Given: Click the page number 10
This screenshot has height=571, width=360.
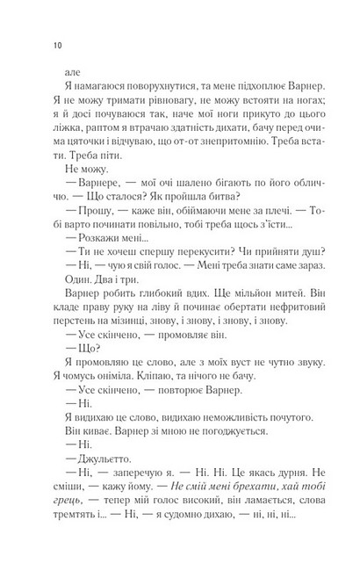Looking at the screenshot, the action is click(x=58, y=45).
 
